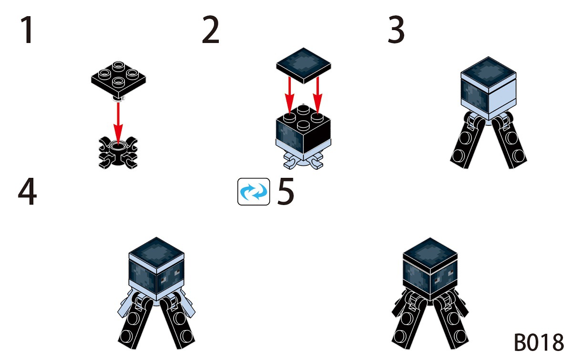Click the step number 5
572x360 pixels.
tap(286, 192)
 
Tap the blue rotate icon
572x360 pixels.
tap(254, 192)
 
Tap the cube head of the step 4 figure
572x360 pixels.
tap(156, 267)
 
